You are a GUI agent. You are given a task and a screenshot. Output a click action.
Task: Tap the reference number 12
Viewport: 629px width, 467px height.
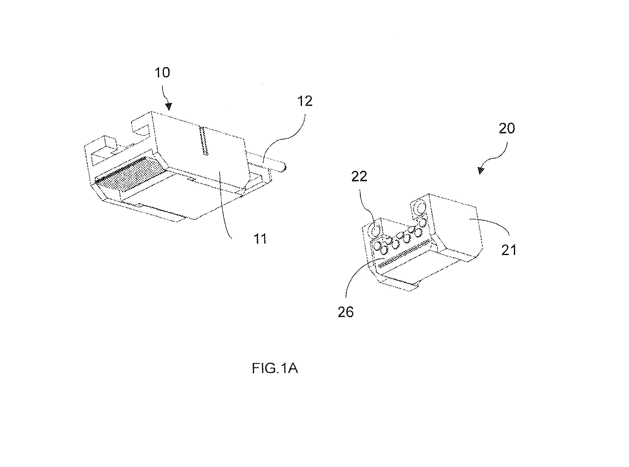(305, 101)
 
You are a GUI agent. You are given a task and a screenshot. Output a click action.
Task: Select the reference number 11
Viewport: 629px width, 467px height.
(260, 239)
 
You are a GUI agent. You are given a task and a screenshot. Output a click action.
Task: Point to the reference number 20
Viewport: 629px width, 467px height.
(507, 128)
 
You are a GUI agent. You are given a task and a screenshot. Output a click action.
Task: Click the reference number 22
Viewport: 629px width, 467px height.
(359, 176)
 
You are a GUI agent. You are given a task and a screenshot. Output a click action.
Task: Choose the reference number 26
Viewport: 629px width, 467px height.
(345, 312)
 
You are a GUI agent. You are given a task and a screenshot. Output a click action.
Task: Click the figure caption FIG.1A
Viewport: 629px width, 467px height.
(275, 369)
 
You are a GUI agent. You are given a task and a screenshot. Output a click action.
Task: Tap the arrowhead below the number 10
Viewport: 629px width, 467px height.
(169, 106)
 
